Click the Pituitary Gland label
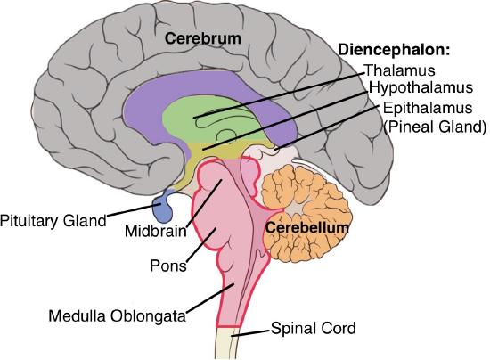(53, 220)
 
